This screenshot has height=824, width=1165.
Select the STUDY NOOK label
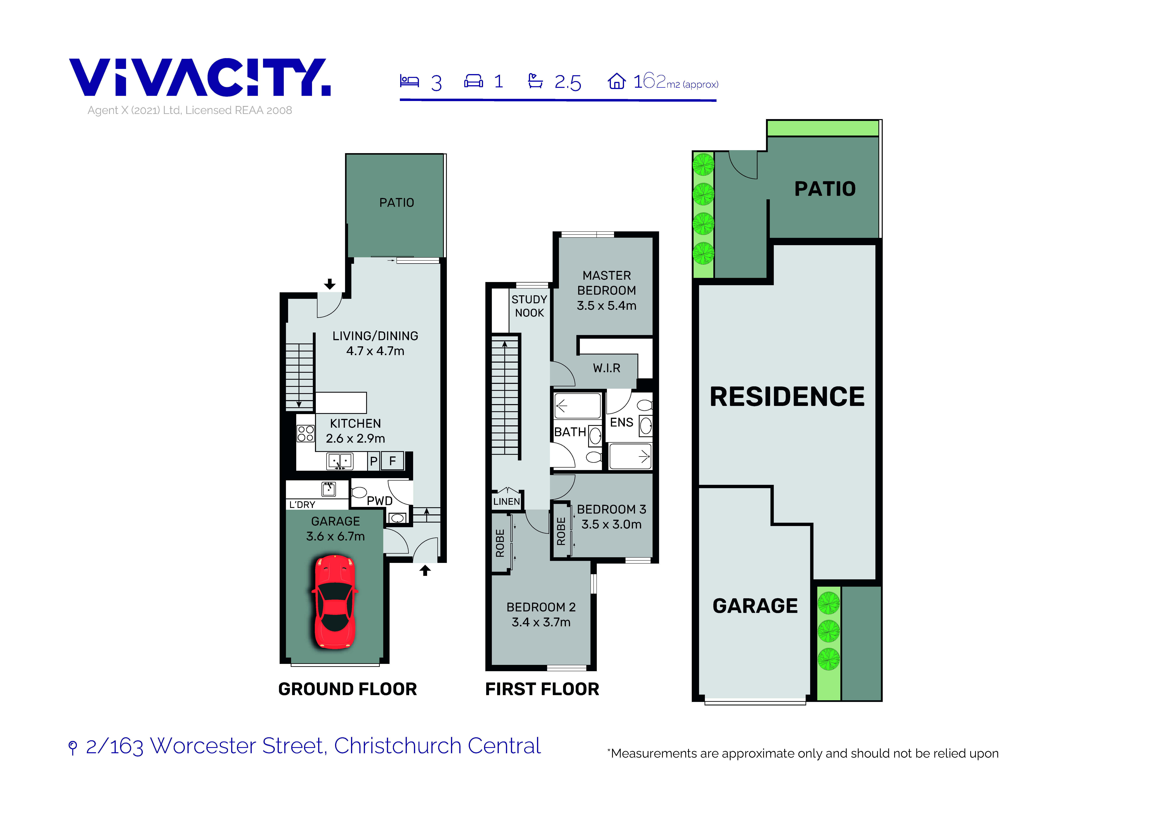point(529,306)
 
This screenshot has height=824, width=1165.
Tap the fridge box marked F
point(392,461)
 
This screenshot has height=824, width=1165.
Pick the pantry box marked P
point(373,461)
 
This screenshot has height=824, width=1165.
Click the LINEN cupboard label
point(506,502)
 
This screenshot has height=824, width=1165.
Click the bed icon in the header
point(409,81)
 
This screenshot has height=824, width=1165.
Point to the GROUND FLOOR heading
point(348,689)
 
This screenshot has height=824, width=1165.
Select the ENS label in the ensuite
point(622,422)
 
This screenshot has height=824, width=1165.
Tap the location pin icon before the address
point(73,747)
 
